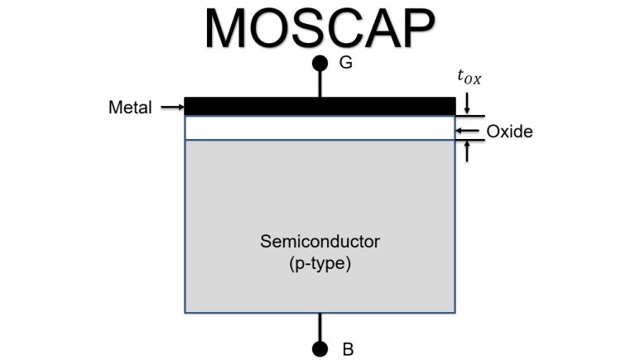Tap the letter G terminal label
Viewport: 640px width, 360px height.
346,62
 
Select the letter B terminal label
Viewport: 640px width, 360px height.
348,349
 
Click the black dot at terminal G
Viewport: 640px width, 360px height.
320,63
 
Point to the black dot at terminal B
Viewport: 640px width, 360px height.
320,348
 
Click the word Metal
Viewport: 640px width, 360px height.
130,107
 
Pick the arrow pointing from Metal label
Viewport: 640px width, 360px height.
171,107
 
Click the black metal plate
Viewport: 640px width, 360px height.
320,106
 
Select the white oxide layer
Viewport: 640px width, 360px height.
320,127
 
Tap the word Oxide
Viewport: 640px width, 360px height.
509,132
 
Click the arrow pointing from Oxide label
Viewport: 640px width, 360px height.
468,132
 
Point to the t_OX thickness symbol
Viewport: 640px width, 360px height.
469,78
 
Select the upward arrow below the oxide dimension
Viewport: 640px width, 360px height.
469,150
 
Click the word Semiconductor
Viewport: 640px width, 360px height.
320,242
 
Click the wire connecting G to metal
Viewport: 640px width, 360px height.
320,83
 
